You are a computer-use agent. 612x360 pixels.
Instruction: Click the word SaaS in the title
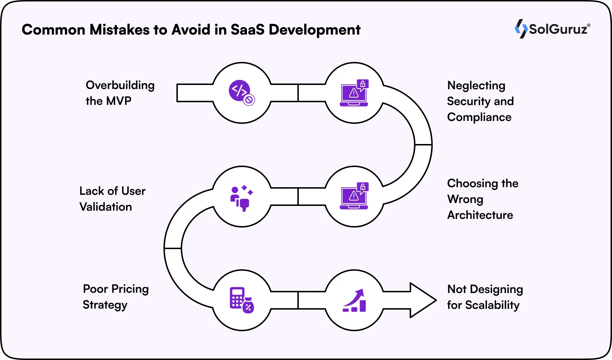pos(248,30)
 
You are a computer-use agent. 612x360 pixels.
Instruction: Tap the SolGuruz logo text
pos(558,29)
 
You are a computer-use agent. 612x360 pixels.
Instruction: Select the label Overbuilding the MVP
pos(120,93)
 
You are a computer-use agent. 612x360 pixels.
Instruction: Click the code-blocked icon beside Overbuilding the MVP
pos(242,93)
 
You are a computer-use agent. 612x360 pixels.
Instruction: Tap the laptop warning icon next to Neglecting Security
pos(354,93)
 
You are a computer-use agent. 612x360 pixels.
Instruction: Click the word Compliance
pos(479,117)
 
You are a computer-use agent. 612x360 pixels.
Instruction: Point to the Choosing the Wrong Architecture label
pos(482,199)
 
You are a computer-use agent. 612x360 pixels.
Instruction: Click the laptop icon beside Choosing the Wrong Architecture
pos(354,196)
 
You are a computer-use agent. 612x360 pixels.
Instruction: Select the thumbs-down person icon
pos(242,198)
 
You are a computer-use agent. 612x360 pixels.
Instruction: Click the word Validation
pos(105,207)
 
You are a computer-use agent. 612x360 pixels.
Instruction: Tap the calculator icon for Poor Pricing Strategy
pos(242,300)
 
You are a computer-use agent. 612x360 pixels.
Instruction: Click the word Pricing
pos(130,289)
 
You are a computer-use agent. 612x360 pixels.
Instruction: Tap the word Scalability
pos(492,305)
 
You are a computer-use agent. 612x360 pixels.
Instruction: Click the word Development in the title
pos(314,30)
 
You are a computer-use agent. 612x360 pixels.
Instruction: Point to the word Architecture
pos(480,215)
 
